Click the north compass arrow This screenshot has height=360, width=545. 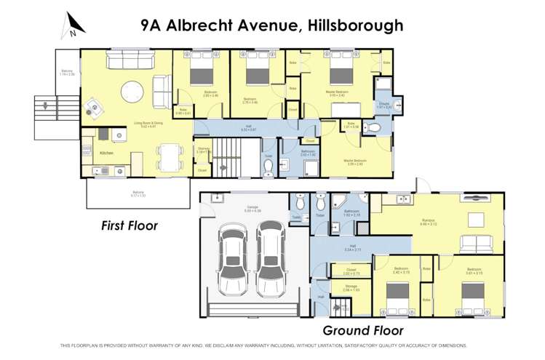[74, 24]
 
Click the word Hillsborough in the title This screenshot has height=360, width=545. [351, 25]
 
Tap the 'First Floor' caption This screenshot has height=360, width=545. [129, 226]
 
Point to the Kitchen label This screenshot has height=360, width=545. [106, 153]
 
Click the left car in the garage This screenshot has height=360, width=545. [234, 257]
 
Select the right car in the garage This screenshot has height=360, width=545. [271, 257]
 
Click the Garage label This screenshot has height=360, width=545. [252, 207]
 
